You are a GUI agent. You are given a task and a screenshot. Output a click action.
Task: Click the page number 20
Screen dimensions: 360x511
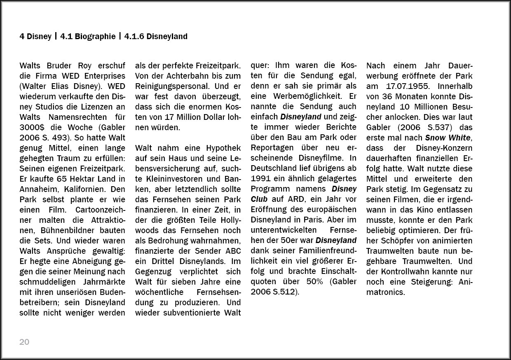[24, 342]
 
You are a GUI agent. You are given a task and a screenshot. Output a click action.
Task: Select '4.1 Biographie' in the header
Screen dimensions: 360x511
[88, 37]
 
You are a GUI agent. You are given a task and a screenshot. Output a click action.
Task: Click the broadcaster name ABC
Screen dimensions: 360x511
[233, 251]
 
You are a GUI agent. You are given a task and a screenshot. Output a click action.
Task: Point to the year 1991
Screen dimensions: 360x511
[260, 179]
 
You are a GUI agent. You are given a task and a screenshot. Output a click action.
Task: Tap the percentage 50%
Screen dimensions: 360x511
[314, 282]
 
